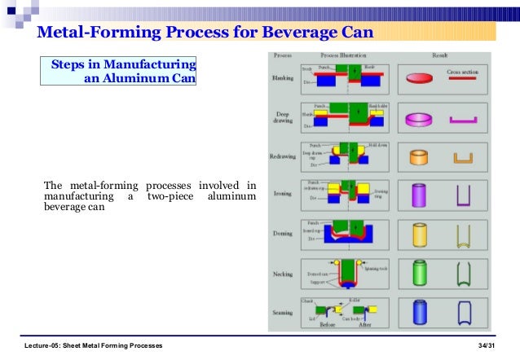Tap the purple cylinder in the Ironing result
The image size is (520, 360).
tap(419, 195)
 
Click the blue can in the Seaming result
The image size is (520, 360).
tap(419, 312)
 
